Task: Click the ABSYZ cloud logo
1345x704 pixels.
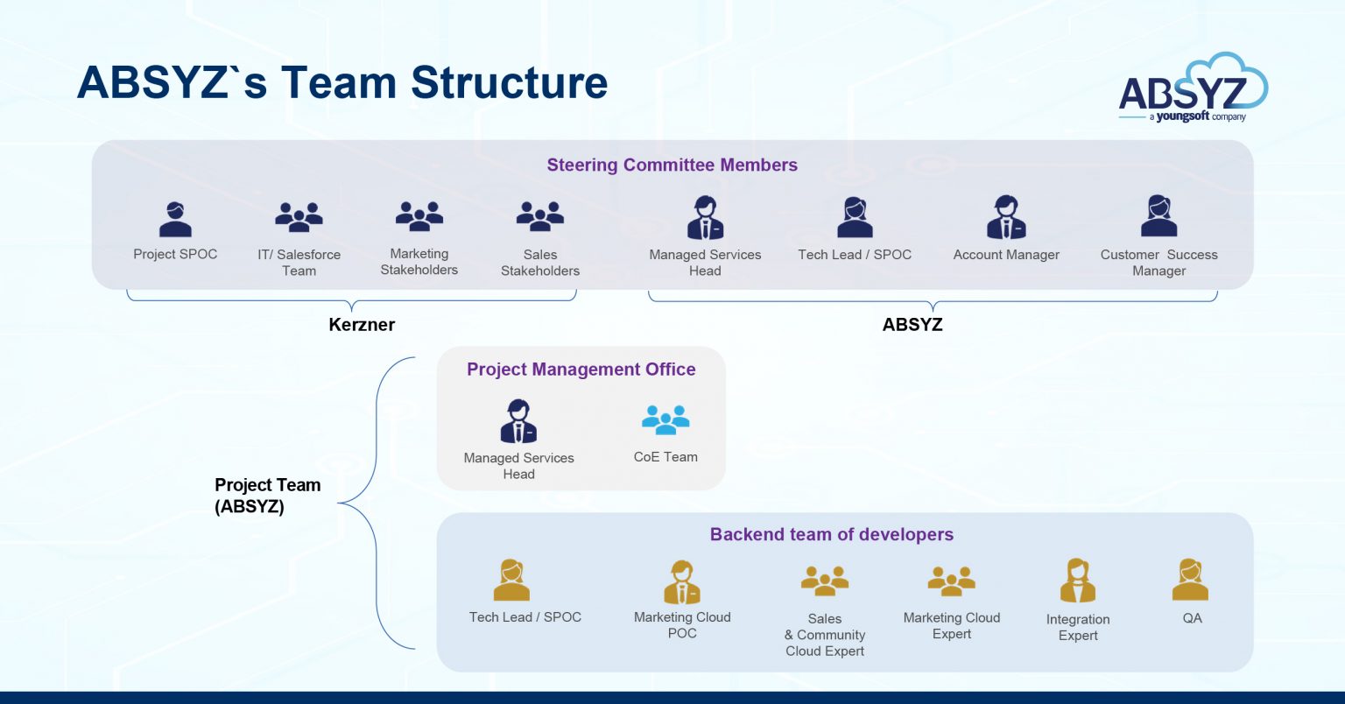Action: click(1193, 88)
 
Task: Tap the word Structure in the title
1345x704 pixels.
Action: click(509, 82)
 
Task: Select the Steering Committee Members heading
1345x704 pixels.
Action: click(672, 165)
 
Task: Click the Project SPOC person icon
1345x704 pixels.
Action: click(175, 219)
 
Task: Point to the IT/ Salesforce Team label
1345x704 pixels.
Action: click(299, 262)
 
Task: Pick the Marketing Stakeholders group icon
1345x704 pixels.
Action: click(419, 215)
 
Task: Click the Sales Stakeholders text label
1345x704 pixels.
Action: click(539, 262)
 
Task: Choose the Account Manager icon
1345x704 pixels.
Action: click(1006, 217)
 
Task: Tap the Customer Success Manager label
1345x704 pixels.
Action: click(1158, 262)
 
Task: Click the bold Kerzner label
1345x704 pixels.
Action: click(362, 324)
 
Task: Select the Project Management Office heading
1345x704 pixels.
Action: click(581, 369)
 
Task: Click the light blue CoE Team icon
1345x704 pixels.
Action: click(665, 419)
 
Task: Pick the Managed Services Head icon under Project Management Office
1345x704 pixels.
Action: click(518, 421)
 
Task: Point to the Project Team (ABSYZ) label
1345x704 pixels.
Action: click(267, 495)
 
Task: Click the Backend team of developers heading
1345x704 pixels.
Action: click(831, 534)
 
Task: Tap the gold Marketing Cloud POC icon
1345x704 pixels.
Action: click(682, 582)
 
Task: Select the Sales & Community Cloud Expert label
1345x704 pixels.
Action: click(824, 634)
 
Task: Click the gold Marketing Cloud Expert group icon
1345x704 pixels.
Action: click(951, 581)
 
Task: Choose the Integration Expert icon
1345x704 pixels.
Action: click(1077, 581)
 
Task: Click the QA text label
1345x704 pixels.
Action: click(1192, 617)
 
